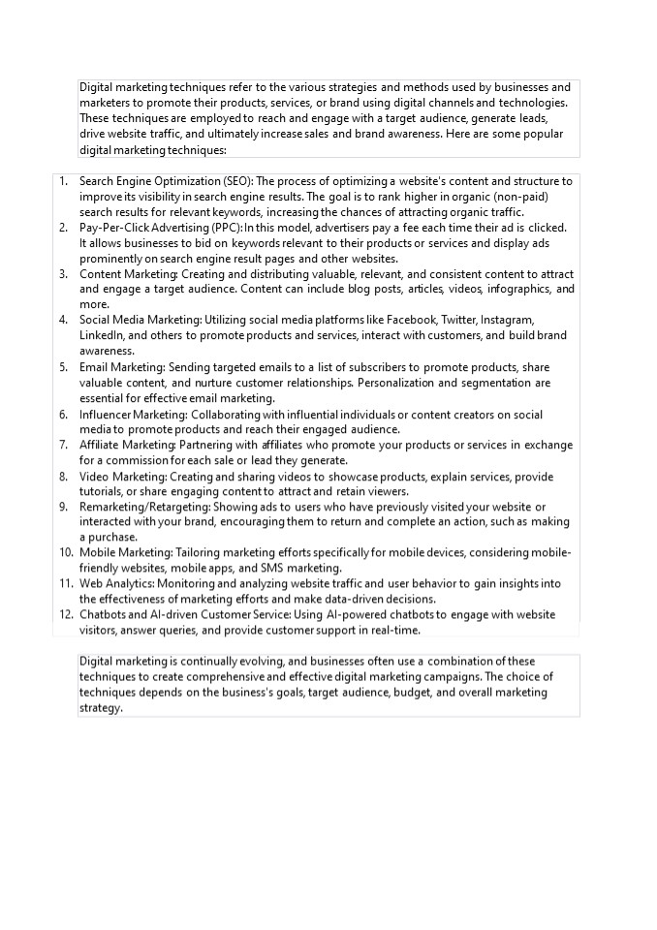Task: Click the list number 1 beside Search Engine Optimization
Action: [63, 181]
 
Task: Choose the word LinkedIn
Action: [102, 335]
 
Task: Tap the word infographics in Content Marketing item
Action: [517, 289]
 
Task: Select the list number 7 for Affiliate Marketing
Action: [63, 445]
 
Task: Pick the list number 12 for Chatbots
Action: [66, 614]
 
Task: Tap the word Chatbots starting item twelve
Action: [104, 614]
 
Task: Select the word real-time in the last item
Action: [395, 630]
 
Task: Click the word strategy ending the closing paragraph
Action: [100, 708]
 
